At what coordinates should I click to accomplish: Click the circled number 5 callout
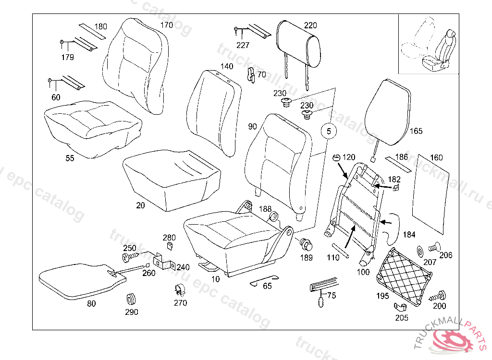329,131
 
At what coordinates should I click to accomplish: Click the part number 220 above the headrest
310,25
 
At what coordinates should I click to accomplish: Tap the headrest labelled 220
299,44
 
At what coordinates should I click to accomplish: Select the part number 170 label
166,25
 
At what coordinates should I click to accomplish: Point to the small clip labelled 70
250,74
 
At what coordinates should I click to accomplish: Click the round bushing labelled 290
131,299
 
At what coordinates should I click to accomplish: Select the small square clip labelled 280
170,246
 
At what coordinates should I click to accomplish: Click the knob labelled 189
306,245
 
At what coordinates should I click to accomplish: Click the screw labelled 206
433,247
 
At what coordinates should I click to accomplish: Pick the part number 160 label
436,157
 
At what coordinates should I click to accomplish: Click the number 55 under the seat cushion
70,158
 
